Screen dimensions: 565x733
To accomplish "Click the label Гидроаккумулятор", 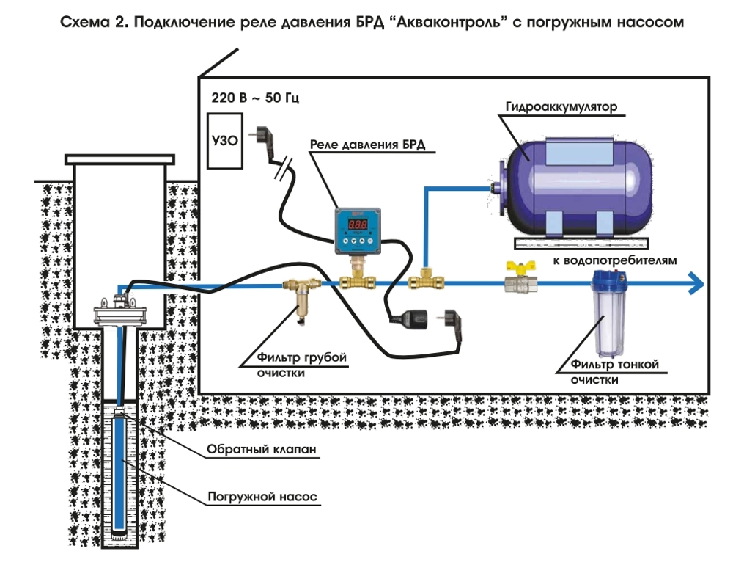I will (x=561, y=106).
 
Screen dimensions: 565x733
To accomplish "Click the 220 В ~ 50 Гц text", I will (x=255, y=97).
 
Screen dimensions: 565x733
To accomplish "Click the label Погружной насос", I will (x=261, y=496).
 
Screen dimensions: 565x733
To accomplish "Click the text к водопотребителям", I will (x=615, y=260).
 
